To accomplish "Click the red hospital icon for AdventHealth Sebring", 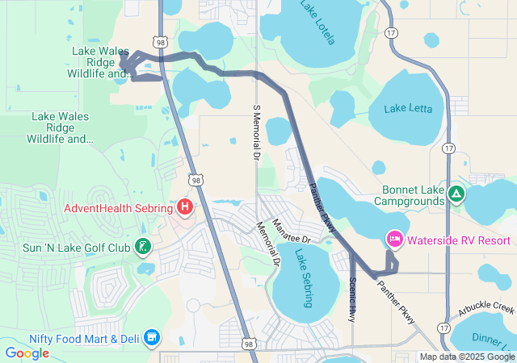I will click(185, 208).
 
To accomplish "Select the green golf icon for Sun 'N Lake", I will click(143, 245).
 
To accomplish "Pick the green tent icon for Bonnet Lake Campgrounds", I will click(456, 194).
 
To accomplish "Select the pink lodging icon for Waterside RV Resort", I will click(395, 240).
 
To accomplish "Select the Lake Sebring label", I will click(304, 278).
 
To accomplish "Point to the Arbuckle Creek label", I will click(486, 307).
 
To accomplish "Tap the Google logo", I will click(27, 353).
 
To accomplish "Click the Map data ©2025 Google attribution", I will click(466, 357).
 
